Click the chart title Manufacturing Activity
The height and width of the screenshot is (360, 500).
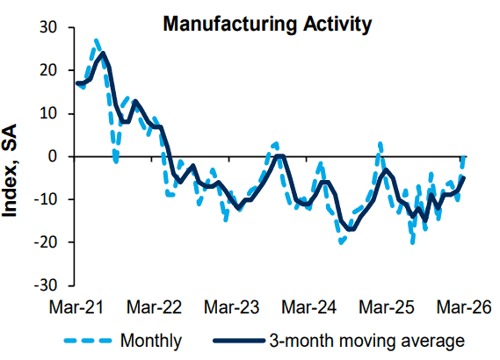[267, 25]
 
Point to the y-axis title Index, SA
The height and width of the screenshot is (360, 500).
[10, 170]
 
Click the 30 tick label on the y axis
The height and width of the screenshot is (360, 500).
[48, 27]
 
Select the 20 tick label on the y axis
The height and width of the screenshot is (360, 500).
[48, 70]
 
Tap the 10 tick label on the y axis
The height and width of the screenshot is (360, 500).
[48, 113]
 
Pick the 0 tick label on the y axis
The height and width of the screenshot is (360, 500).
[53, 156]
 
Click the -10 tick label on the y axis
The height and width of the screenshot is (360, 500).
[46, 199]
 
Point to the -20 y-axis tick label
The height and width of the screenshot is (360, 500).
[46, 242]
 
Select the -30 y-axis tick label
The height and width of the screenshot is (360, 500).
[46, 285]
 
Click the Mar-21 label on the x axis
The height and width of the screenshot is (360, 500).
[76, 307]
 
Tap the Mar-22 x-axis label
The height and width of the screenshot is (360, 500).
[154, 307]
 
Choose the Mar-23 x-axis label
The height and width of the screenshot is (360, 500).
[231, 307]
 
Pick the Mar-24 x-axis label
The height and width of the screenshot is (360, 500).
[309, 307]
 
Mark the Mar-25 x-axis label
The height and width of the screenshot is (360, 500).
[387, 307]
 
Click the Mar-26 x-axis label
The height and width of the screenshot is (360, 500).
[464, 307]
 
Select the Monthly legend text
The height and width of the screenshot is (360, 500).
[151, 342]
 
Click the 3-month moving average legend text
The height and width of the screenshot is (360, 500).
[367, 342]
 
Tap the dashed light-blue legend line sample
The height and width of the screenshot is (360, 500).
[88, 341]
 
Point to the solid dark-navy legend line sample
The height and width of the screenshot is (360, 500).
[239, 341]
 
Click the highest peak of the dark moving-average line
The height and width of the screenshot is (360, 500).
[102, 54]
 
